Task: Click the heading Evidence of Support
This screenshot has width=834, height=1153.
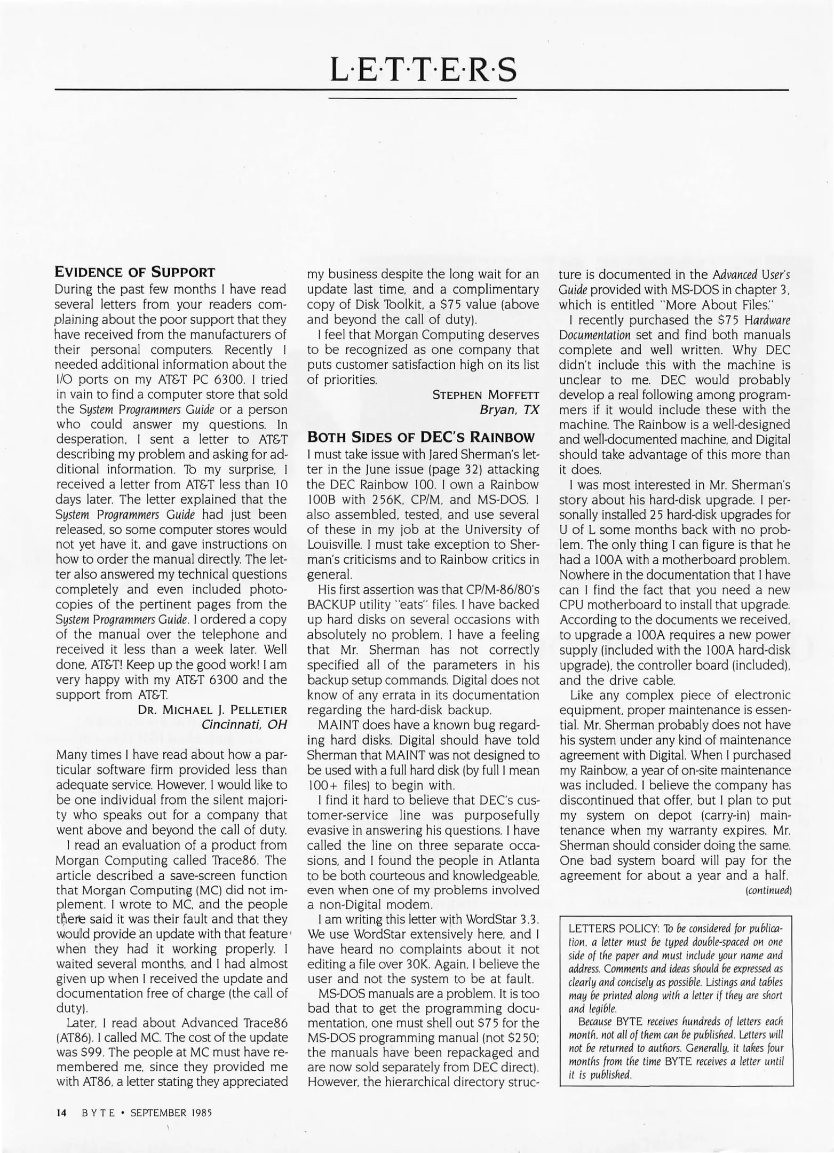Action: click(x=135, y=272)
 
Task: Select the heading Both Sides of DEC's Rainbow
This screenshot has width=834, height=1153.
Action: click(x=420, y=438)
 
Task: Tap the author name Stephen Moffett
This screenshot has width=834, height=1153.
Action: click(x=486, y=395)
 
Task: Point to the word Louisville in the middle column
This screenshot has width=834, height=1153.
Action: click(x=333, y=544)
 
